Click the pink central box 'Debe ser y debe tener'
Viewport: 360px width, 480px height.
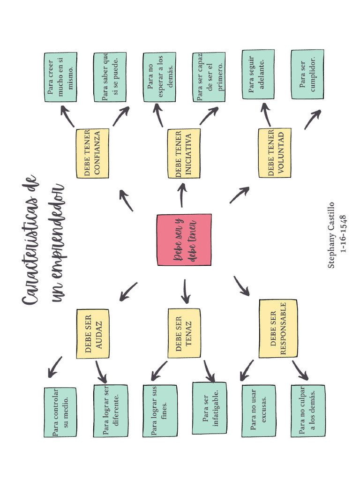point(184,240)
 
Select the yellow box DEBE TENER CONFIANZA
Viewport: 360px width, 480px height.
point(92,153)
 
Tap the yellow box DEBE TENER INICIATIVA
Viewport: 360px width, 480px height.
point(184,153)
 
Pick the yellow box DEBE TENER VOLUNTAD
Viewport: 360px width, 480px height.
point(275,153)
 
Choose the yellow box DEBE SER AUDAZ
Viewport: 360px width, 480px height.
point(92,333)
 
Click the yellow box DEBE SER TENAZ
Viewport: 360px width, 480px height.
point(184,333)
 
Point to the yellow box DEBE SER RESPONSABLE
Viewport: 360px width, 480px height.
point(278,329)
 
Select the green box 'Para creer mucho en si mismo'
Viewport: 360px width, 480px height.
point(60,77)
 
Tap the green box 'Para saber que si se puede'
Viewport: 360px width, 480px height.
point(110,77)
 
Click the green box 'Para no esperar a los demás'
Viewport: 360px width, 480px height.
point(159,77)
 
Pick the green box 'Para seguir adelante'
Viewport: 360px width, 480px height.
point(258,74)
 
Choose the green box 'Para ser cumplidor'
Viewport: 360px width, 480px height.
point(307,74)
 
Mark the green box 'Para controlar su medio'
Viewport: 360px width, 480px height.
point(60,412)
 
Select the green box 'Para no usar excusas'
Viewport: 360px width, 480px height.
point(258,411)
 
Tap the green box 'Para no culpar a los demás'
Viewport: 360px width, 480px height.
point(307,411)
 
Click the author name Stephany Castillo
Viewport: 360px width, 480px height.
point(331,235)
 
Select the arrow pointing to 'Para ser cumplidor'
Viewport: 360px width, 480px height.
point(312,120)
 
